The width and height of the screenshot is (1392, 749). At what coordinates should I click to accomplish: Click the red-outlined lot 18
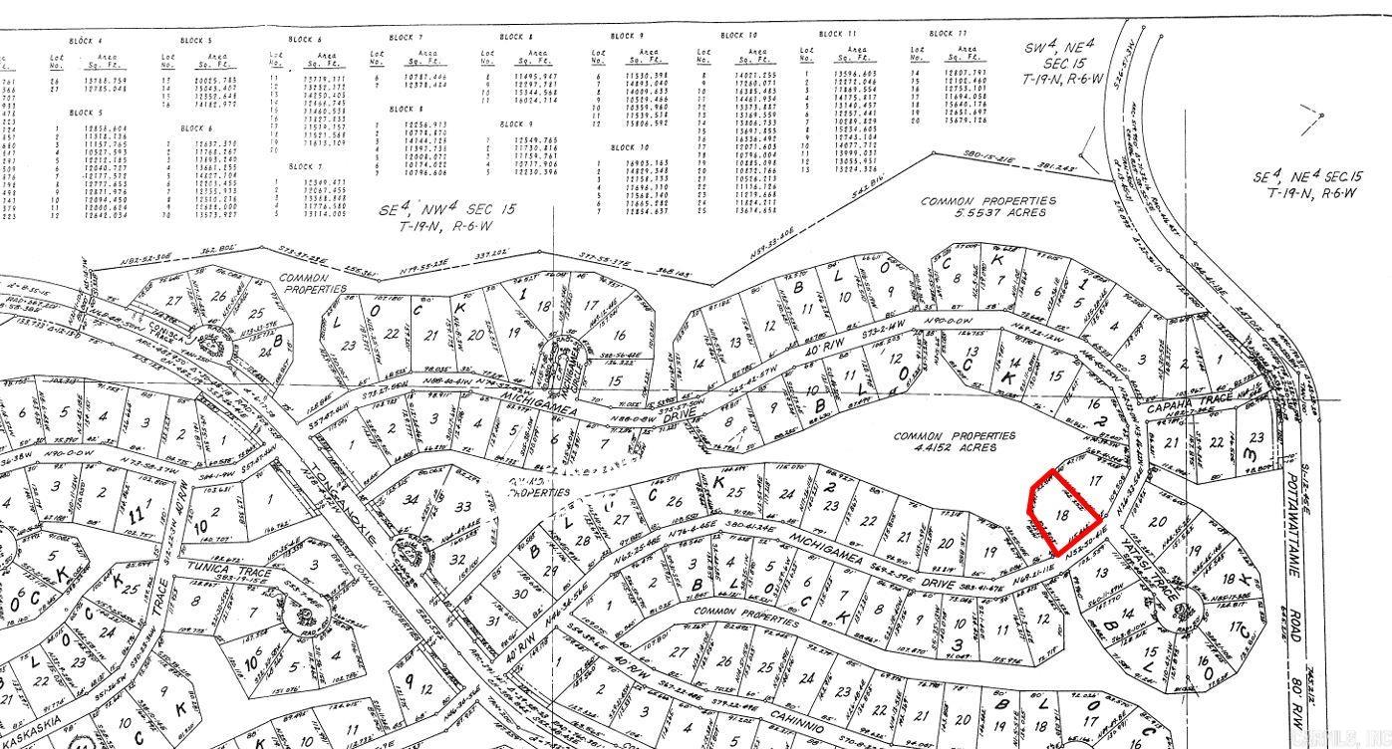pos(1062,514)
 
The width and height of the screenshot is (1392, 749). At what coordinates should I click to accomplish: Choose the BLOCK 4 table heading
pos(85,41)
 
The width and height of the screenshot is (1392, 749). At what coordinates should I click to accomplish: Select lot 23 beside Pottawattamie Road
pos(1254,438)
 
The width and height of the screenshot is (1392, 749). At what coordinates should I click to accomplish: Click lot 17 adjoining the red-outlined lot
pos(1097,480)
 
